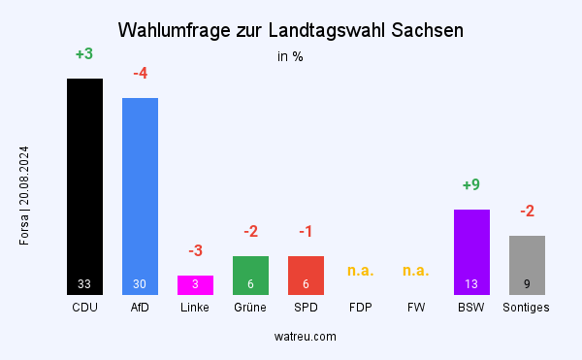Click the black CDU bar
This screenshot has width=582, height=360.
click(84, 184)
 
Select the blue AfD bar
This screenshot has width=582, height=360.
click(140, 194)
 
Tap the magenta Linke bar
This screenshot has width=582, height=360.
click(195, 284)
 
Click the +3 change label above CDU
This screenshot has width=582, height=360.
click(84, 54)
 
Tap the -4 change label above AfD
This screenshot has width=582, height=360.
click(140, 74)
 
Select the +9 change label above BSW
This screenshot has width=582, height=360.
click(471, 185)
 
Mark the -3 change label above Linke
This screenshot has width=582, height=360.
click(195, 251)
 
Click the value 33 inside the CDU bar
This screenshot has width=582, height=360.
click(84, 284)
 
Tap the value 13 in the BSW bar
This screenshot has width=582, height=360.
click(471, 284)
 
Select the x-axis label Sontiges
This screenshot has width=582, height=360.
click(527, 308)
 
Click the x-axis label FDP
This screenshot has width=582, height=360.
click(361, 308)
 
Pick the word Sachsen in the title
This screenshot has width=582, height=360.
click(429, 30)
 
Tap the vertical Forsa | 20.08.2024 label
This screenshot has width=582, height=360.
click(24, 195)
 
